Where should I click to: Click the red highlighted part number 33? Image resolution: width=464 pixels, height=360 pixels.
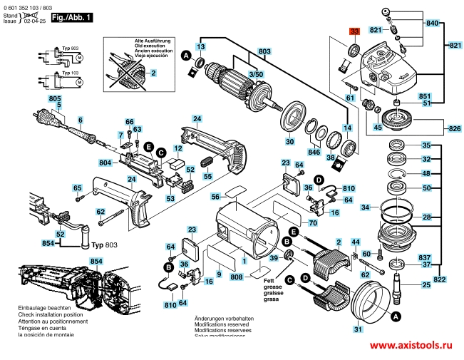click(355, 31)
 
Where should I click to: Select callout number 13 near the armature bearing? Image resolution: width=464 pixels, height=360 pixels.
click(201, 46)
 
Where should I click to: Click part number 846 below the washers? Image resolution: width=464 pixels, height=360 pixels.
click(314, 152)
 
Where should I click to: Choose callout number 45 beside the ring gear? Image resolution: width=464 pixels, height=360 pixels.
click(378, 128)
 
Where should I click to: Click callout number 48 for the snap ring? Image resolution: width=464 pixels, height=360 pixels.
click(426, 174)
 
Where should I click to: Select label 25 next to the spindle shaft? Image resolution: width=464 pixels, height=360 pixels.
click(426, 285)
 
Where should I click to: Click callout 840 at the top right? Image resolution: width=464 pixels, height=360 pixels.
click(433, 24)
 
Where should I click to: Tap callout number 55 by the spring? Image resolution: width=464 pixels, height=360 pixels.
click(207, 176)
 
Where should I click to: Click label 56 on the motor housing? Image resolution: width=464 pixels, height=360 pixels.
click(215, 196)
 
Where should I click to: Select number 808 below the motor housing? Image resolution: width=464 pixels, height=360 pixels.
click(237, 276)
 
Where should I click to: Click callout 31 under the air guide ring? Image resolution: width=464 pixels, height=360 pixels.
click(357, 329)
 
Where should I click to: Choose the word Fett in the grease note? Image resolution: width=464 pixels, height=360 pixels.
click(270, 281)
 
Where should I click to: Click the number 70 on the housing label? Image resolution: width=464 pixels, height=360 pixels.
click(292, 213)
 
